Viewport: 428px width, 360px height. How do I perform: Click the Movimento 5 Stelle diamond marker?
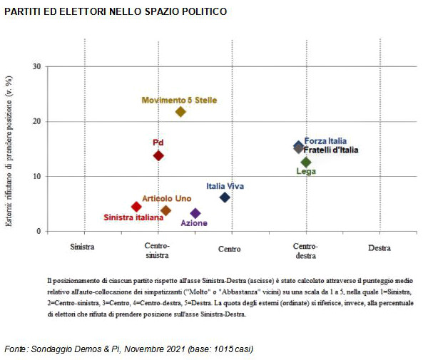[180, 111]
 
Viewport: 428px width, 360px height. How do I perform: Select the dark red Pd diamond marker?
[158, 155]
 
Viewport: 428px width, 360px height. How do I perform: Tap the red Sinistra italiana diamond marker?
[136, 207]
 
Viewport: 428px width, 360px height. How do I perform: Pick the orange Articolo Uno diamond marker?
[166, 210]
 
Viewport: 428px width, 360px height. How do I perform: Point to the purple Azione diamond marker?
[195, 213]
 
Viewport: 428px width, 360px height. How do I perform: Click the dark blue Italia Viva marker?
[225, 197]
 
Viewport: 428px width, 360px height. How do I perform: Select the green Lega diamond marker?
[306, 162]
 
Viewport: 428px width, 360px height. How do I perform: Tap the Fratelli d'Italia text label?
[331, 150]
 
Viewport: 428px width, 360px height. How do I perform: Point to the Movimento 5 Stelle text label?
[179, 101]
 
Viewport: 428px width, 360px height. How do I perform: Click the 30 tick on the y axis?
[37, 67]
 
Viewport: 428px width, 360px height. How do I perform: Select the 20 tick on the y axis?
[37, 122]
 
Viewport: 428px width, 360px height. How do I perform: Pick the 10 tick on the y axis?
[37, 177]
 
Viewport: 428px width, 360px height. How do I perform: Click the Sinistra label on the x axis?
[84, 250]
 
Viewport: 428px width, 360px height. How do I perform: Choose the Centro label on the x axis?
[230, 250]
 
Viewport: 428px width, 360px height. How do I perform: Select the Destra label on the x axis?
[379, 250]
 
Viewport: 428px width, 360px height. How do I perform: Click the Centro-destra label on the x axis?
[305, 250]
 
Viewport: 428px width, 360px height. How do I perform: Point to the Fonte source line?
[128, 349]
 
